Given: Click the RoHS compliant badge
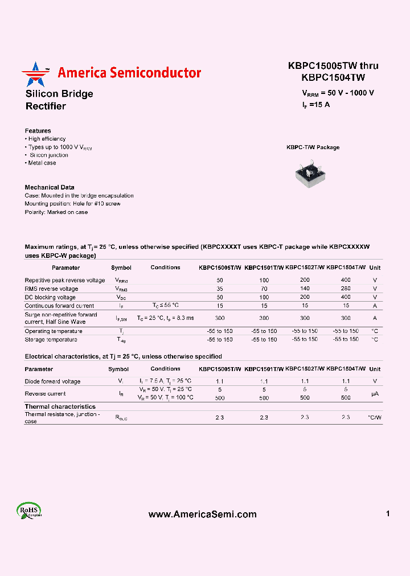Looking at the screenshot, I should (x=28, y=511).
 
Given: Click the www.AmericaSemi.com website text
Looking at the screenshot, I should (x=202, y=515).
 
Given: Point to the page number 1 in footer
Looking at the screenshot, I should (x=388, y=514).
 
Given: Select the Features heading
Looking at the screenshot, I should (x=38, y=131).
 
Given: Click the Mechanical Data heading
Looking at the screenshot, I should (x=50, y=187).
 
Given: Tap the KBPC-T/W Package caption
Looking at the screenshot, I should (x=313, y=147).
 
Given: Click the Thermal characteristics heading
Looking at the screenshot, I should (x=60, y=406).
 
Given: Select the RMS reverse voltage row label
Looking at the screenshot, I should (x=51, y=289).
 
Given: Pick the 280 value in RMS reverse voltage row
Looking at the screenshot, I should (x=346, y=289).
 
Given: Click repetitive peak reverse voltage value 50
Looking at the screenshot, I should (x=220, y=281).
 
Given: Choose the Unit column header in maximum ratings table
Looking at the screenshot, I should (x=375, y=268).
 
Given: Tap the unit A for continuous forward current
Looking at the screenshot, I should (x=375, y=306).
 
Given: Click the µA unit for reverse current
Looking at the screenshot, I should (x=375, y=394).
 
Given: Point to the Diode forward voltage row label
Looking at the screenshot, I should (x=52, y=381).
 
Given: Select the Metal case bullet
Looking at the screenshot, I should (x=41, y=163).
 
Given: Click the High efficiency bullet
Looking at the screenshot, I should (x=46, y=139).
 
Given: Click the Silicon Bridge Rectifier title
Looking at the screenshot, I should (x=59, y=100).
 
